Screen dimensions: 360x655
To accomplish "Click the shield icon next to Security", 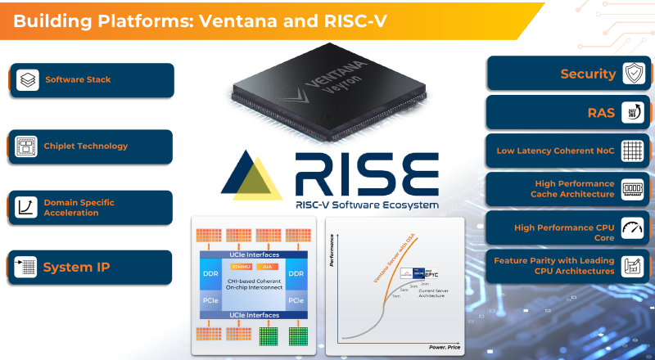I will tap(633, 74).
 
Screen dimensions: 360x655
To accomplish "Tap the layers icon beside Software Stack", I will tap(28, 80).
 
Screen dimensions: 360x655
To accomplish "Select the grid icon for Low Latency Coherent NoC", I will tap(632, 151).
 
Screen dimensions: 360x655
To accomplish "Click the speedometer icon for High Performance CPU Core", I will tap(632, 227).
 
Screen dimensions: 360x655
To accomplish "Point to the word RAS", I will tap(602, 113).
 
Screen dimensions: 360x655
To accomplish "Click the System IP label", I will tap(76, 267).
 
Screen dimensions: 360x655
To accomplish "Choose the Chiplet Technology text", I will tap(86, 146).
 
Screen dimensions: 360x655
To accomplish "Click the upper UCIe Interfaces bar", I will tap(255, 255).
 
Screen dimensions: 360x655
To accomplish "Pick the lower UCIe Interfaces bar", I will tap(255, 315).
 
